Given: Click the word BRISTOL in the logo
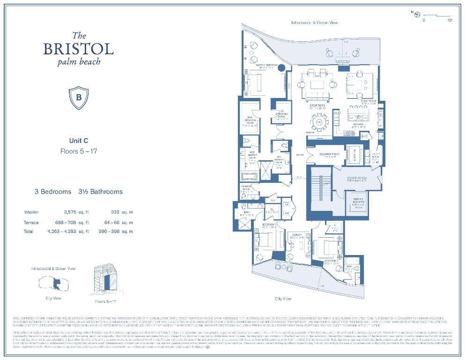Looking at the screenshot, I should point(79,49).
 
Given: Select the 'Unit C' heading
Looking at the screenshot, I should point(79,141).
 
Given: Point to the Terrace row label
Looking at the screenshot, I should point(31,223).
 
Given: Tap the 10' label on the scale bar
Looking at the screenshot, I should point(450,21).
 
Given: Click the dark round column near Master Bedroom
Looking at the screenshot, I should point(281,68).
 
